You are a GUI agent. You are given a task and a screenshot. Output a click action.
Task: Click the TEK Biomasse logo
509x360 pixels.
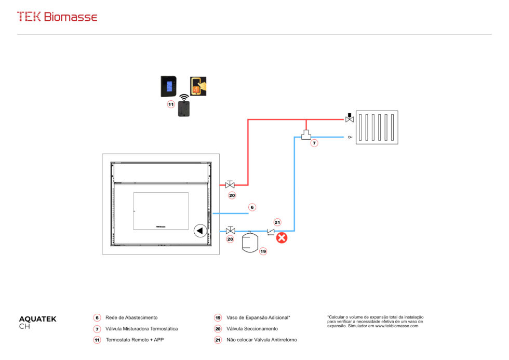(x=57, y=17)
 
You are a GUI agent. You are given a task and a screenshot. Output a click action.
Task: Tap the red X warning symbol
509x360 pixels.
(x=282, y=238)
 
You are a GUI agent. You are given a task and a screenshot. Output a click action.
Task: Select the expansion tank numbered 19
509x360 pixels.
(x=251, y=242)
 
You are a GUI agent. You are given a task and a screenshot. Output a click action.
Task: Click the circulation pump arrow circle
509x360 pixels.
(x=200, y=231)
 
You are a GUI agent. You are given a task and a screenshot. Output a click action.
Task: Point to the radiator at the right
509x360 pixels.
(x=377, y=127)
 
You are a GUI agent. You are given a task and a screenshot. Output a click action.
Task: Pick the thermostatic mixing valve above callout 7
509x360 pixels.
(x=305, y=135)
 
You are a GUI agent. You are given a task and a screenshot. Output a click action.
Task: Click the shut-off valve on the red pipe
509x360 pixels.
(x=230, y=184)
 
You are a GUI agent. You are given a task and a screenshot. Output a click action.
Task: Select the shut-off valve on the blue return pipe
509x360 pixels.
(x=230, y=231)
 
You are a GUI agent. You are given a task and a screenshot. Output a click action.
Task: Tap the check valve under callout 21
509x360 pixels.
(x=271, y=231)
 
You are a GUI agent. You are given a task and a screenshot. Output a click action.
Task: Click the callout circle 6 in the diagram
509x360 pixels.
(x=252, y=207)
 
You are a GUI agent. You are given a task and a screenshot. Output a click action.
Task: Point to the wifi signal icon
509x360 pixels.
(x=183, y=97)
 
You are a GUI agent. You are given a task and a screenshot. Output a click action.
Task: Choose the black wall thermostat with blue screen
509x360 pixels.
(x=168, y=86)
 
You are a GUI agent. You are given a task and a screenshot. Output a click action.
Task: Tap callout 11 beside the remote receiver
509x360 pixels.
(x=170, y=104)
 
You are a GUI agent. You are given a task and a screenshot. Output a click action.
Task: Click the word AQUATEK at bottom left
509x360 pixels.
(x=37, y=319)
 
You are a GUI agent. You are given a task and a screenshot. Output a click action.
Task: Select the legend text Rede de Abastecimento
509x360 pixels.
(x=131, y=317)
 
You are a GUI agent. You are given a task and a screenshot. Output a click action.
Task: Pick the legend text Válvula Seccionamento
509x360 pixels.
(x=252, y=329)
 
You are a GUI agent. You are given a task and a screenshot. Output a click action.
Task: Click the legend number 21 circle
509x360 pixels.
(x=218, y=340)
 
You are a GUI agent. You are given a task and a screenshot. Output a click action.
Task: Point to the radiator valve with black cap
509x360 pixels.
(x=349, y=118)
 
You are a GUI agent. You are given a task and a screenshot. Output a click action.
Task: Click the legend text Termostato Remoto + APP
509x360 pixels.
(x=135, y=340)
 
